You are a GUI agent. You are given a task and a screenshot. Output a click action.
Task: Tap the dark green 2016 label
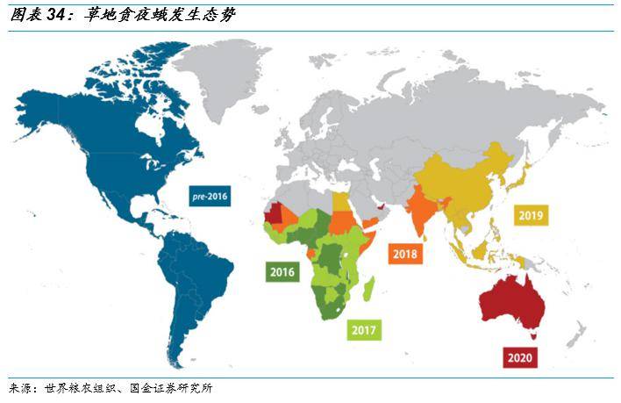point(282,271)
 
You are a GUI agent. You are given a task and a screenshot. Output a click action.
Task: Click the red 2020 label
point(520,357)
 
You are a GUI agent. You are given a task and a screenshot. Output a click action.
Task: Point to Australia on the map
point(513,299)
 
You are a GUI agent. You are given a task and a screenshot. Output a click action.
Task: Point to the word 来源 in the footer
point(20,387)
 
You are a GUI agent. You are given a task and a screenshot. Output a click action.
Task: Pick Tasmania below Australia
point(533,334)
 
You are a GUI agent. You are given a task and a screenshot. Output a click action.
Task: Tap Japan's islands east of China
point(524,176)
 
